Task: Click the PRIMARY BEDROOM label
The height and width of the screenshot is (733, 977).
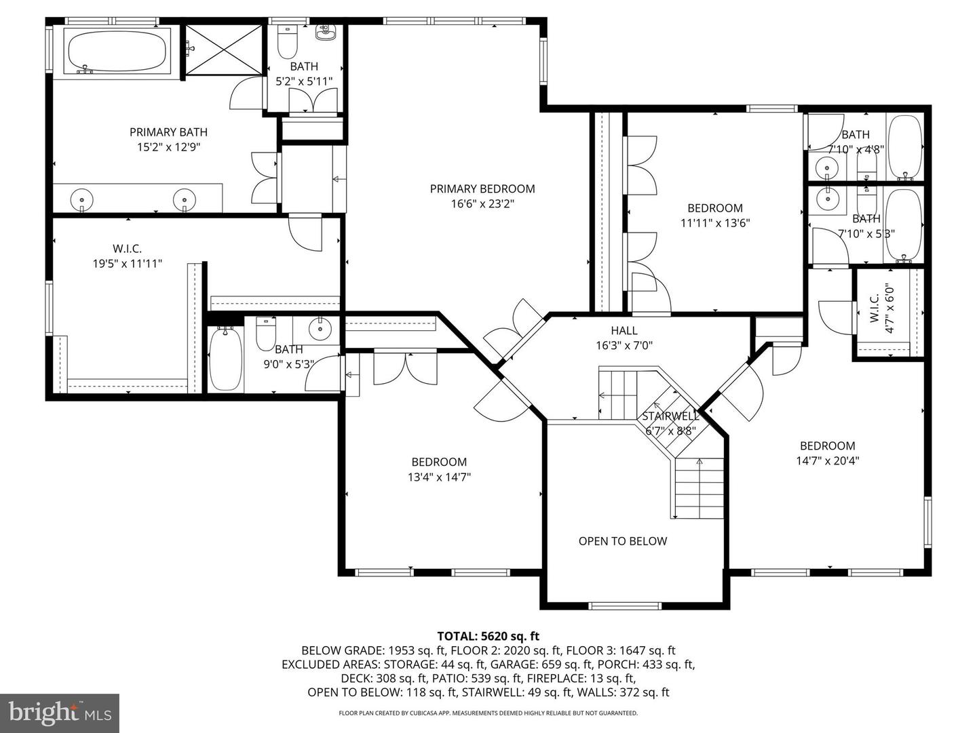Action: pyautogui.click(x=482, y=189)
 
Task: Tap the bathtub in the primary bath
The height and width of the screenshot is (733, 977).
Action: pyautogui.click(x=117, y=50)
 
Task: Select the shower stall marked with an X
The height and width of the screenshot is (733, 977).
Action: pyautogui.click(x=223, y=49)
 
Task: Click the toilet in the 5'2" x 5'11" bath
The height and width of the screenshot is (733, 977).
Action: pyautogui.click(x=288, y=42)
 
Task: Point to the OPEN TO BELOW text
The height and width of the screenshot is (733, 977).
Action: pyautogui.click(x=622, y=541)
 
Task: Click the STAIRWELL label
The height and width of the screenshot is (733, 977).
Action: pyautogui.click(x=670, y=416)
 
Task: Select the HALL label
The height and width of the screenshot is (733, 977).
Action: pyautogui.click(x=624, y=330)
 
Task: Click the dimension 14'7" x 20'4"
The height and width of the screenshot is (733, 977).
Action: pyautogui.click(x=827, y=460)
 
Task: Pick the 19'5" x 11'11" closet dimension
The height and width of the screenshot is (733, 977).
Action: pyautogui.click(x=128, y=264)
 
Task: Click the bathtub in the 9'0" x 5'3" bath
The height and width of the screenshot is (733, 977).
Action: pyautogui.click(x=225, y=359)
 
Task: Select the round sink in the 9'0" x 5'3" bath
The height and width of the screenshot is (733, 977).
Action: pyautogui.click(x=319, y=330)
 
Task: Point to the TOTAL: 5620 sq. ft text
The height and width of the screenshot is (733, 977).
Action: pyautogui.click(x=488, y=636)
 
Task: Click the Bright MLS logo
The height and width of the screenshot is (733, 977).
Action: pyautogui.click(x=60, y=713)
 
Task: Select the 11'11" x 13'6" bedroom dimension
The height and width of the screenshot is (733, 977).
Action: pyautogui.click(x=714, y=222)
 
